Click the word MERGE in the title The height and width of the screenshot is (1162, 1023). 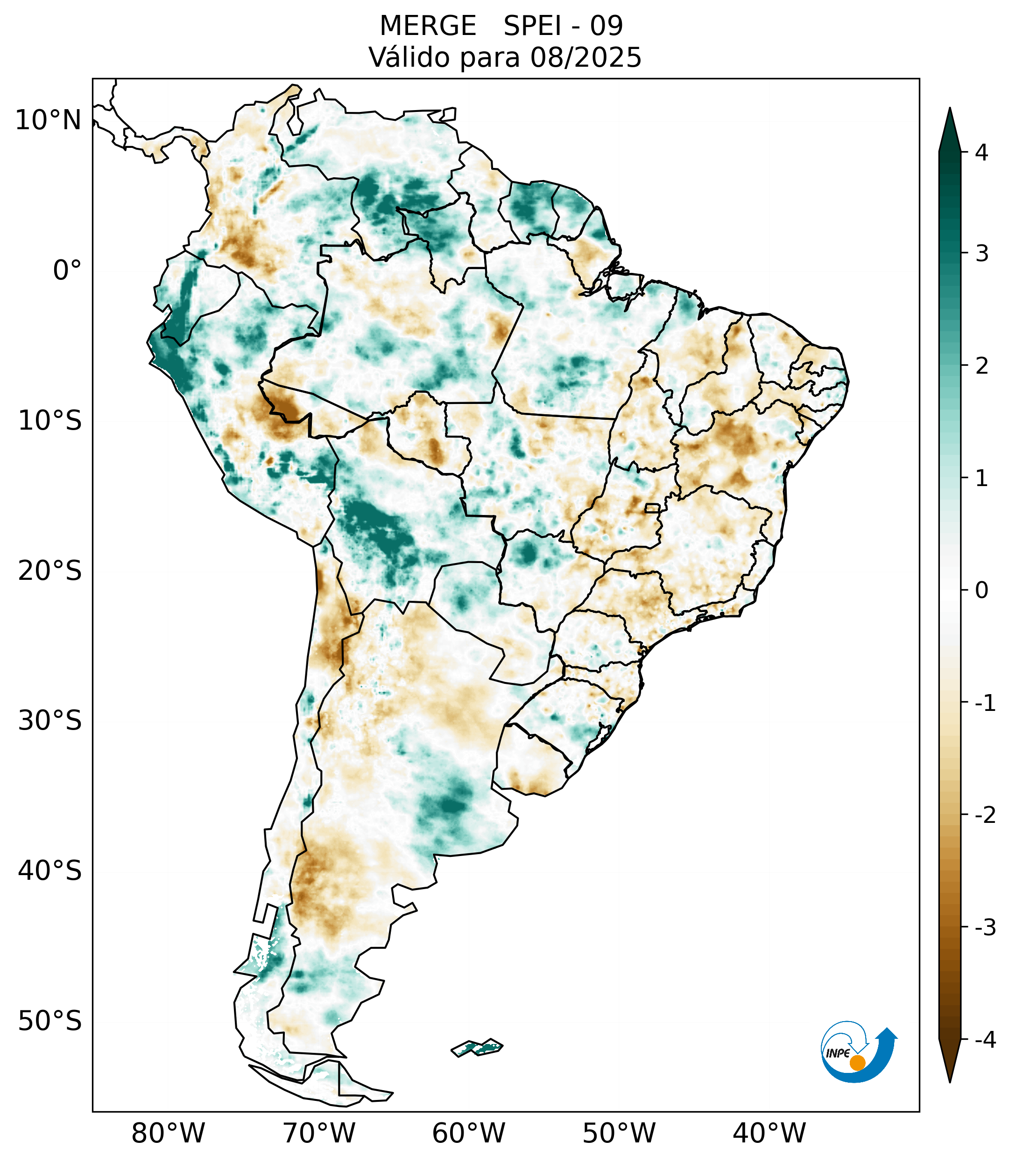[x=428, y=26]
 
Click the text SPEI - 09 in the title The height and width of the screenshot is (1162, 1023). [x=563, y=26]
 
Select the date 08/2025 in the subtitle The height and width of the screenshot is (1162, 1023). [x=586, y=57]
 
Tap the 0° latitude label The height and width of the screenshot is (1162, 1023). [x=67, y=271]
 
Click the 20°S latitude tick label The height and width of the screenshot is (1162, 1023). [x=50, y=571]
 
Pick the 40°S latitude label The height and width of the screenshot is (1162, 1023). [x=50, y=871]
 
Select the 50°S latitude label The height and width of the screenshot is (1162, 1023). [x=50, y=1021]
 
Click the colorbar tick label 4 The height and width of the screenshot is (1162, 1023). [x=981, y=153]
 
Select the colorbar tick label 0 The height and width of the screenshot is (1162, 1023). [x=981, y=591]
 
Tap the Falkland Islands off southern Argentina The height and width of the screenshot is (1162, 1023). [x=477, y=1047]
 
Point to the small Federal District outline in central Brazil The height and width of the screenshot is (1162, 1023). [x=652, y=508]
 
